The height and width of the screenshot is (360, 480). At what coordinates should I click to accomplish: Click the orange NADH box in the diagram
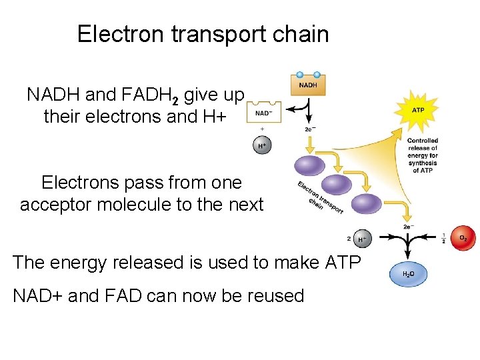coord(307,85)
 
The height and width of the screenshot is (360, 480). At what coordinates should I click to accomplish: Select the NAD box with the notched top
coord(264,113)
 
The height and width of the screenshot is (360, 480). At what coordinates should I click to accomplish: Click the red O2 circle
coord(462,239)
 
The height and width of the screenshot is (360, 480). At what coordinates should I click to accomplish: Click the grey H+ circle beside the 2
coord(362,239)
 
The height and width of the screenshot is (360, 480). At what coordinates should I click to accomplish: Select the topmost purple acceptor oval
coord(310,165)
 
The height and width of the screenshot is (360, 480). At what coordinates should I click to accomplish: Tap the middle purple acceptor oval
coord(337,184)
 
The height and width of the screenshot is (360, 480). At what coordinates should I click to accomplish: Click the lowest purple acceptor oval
coord(366,204)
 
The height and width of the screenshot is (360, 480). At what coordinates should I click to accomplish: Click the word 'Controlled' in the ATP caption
coord(422,141)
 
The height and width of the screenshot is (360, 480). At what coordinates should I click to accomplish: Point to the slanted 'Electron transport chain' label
coord(320,196)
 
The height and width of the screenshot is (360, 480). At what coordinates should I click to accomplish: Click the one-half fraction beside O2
coord(443,239)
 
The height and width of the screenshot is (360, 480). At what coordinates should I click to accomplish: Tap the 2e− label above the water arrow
coord(407,227)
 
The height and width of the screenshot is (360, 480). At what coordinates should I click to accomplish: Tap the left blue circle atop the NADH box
coord(300,75)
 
